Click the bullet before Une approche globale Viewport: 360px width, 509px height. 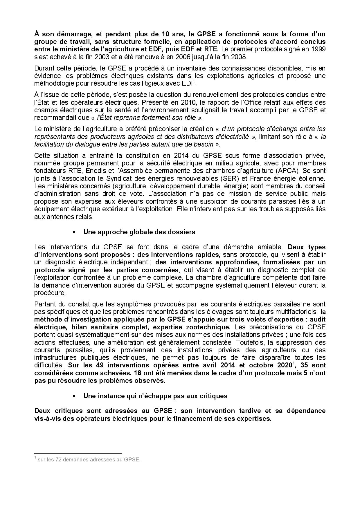pos(75,232)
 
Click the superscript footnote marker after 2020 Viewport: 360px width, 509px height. pos(294,363)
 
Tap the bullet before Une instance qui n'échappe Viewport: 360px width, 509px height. pos(75,396)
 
